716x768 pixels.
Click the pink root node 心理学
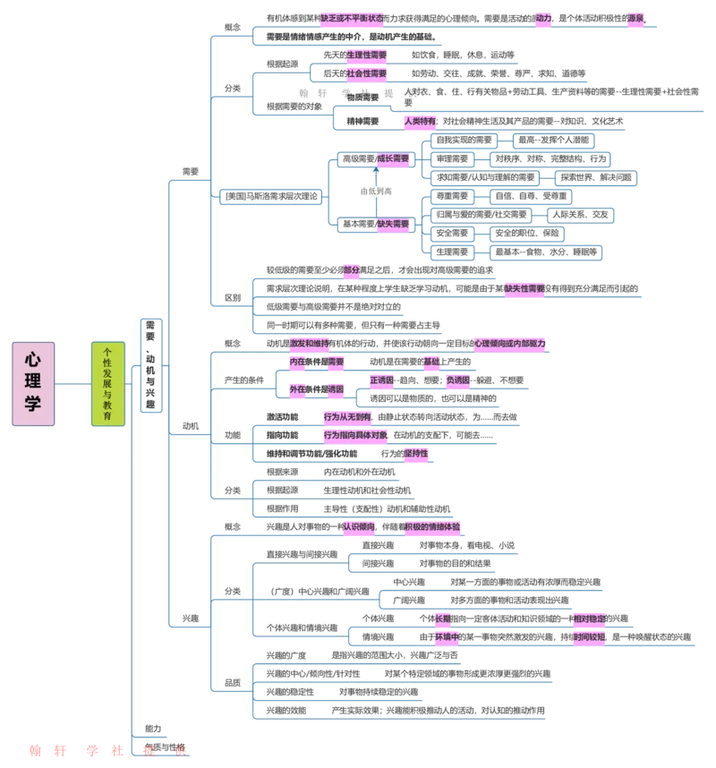click(33, 382)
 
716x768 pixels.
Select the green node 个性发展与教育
click(108, 383)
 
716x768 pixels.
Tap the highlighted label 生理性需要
click(366, 55)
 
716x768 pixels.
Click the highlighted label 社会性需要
click(366, 73)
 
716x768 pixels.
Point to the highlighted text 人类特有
click(419, 121)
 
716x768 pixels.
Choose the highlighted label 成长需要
click(392, 158)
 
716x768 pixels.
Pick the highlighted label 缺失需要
click(392, 225)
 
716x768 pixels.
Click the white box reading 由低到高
click(376, 191)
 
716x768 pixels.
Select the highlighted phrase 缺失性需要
click(524, 288)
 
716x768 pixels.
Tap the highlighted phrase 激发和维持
click(309, 344)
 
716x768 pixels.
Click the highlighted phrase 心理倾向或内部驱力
click(509, 344)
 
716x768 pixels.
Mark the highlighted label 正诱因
click(380, 380)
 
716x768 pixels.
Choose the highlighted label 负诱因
click(457, 380)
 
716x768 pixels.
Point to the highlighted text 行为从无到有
click(346, 416)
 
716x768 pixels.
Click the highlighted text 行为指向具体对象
click(355, 435)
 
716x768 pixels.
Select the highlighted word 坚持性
click(415, 454)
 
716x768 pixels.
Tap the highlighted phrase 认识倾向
click(360, 527)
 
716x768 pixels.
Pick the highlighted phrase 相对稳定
click(590, 618)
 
